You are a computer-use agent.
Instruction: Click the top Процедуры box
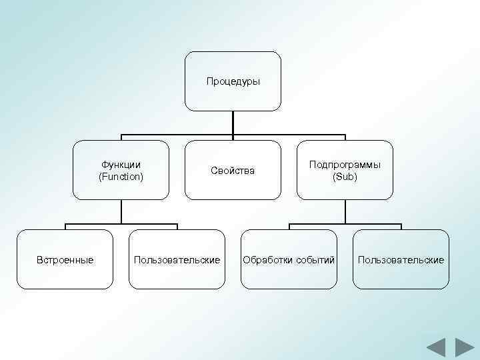tap(233, 81)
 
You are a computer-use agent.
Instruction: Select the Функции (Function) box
tap(121, 170)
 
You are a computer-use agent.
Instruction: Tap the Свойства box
tap(233, 170)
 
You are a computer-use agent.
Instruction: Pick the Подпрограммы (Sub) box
tap(345, 170)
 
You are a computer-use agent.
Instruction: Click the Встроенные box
tap(65, 259)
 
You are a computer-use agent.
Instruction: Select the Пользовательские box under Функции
tap(177, 259)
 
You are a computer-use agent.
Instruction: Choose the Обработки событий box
tap(289, 259)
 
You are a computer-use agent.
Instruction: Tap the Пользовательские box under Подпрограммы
tap(401, 259)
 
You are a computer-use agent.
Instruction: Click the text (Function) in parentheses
tap(121, 177)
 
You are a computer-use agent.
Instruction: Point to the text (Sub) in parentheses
tap(345, 177)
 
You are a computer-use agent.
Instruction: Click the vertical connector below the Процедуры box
tap(233, 123)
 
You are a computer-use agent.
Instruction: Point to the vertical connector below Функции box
tap(121, 211)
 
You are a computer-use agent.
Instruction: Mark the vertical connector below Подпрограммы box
tap(345, 211)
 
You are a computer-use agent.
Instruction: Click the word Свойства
tap(233, 171)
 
